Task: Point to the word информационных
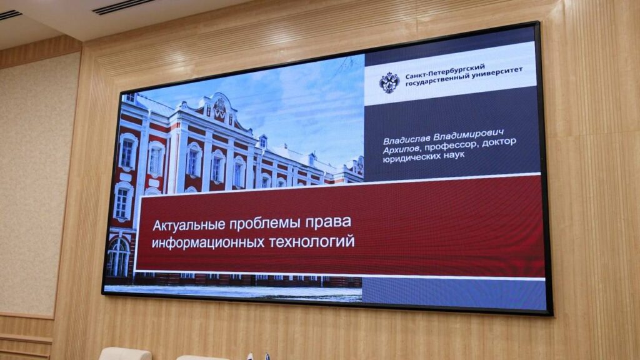click(x=207, y=242)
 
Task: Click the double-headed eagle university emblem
click(x=389, y=82)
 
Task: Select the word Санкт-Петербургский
click(x=445, y=71)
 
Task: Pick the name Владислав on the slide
click(x=406, y=139)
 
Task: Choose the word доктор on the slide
click(x=499, y=142)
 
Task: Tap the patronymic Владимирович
click(x=469, y=135)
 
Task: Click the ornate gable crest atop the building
click(x=219, y=107)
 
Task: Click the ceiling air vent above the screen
click(x=123, y=6)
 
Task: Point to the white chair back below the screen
click(x=124, y=354)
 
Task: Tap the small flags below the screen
click(x=257, y=356)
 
